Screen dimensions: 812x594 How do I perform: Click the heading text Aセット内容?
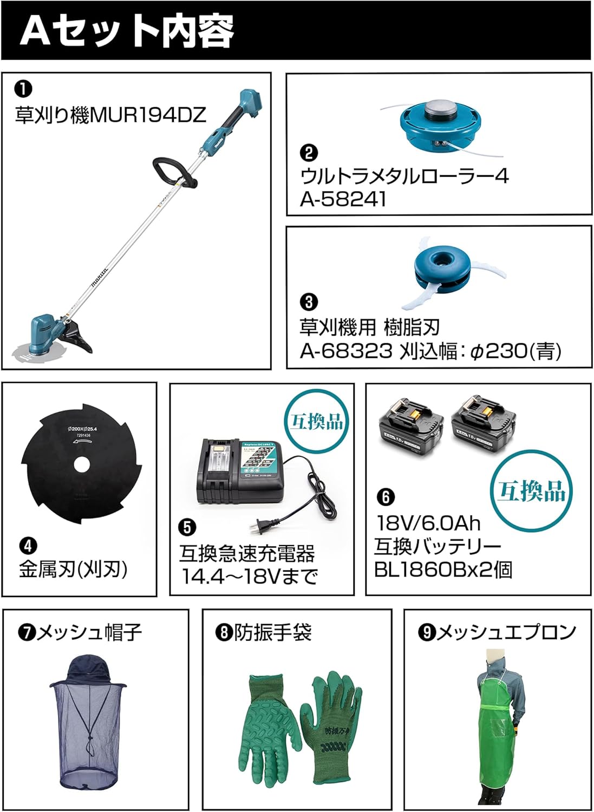tap(127, 30)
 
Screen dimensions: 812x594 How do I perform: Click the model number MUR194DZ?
tap(147, 115)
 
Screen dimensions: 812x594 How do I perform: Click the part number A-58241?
tap(343, 199)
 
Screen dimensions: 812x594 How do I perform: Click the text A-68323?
tap(346, 351)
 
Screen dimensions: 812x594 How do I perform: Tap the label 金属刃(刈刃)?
tap(74, 569)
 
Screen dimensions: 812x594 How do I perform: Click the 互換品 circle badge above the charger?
tap(317, 422)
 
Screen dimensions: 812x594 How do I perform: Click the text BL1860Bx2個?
tap(443, 570)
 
